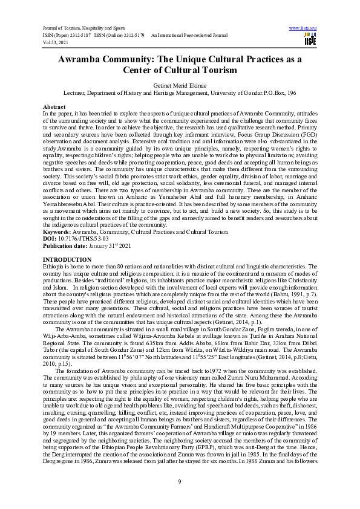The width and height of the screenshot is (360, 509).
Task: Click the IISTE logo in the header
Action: [x=310, y=39]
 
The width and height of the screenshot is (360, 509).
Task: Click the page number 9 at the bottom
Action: [x=180, y=481]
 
